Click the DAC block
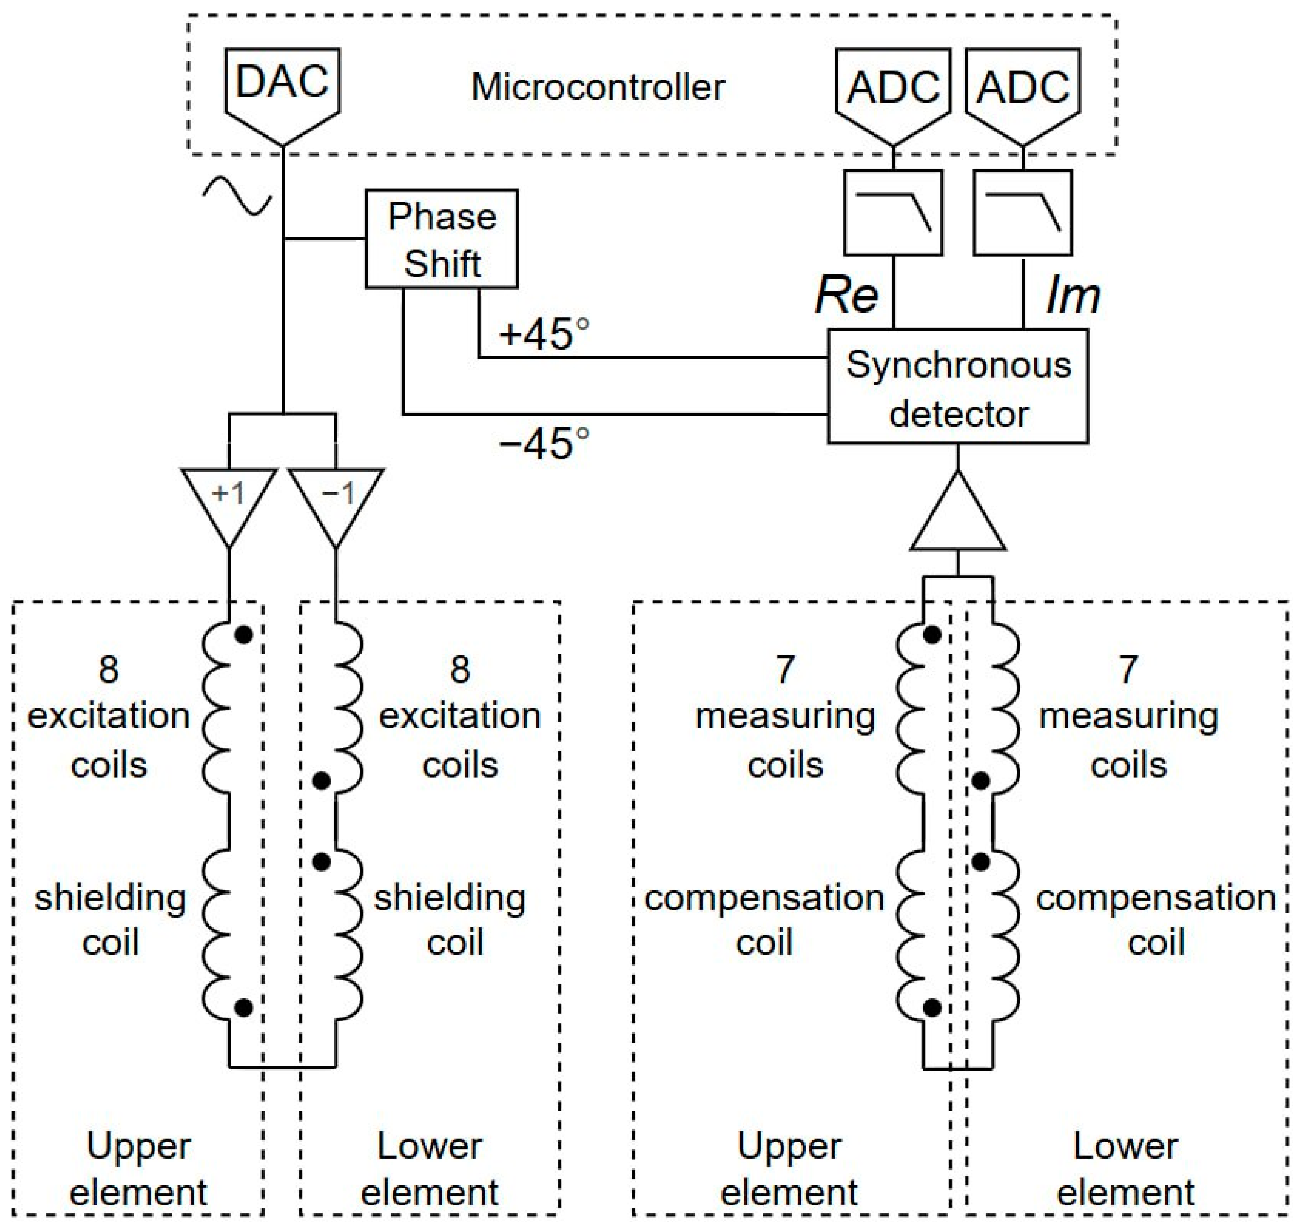click(282, 88)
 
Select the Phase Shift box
click(441, 239)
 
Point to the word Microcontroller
click(598, 87)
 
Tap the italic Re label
click(846, 295)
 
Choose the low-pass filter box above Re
click(893, 213)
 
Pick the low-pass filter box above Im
click(1023, 213)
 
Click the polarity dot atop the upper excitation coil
click(243, 635)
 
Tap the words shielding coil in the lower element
click(450, 920)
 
